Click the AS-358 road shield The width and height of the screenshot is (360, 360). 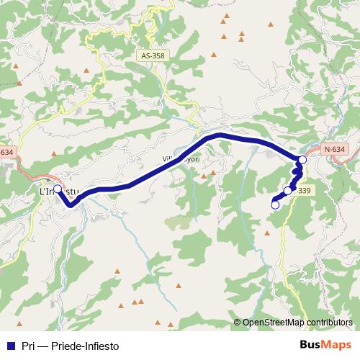coord(152,54)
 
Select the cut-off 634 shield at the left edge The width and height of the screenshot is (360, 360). coord(6,152)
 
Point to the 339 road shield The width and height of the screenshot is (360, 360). coord(303,190)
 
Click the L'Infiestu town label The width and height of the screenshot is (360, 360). coord(58,192)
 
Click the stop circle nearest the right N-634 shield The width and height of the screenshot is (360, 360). coord(302,159)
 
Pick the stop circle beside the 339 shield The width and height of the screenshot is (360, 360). coord(288,191)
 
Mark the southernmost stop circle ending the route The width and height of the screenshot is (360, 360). coord(274,205)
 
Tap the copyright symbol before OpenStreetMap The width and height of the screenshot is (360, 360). coord(238,323)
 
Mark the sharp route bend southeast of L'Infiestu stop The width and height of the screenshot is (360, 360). coord(71,204)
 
